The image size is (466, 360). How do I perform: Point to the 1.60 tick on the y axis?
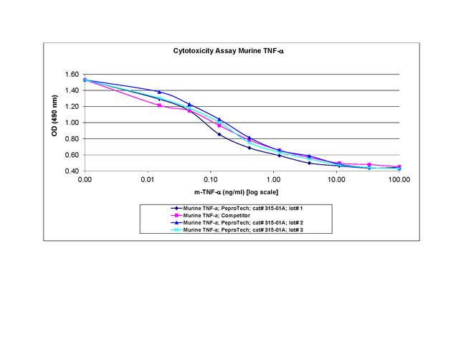click(72, 75)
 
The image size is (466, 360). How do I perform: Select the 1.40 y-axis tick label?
click(72, 90)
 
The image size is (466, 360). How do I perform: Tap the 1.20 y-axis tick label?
click(72, 107)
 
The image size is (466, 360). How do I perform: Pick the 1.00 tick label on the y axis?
click(72, 123)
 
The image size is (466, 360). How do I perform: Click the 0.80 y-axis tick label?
click(72, 139)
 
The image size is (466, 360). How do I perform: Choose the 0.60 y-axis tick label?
click(72, 155)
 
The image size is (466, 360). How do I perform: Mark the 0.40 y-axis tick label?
click(72, 171)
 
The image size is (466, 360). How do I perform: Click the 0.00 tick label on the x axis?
click(85, 181)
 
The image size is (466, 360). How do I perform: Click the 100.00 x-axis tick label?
click(398, 181)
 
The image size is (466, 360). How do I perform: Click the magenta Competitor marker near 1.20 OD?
click(159, 105)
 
